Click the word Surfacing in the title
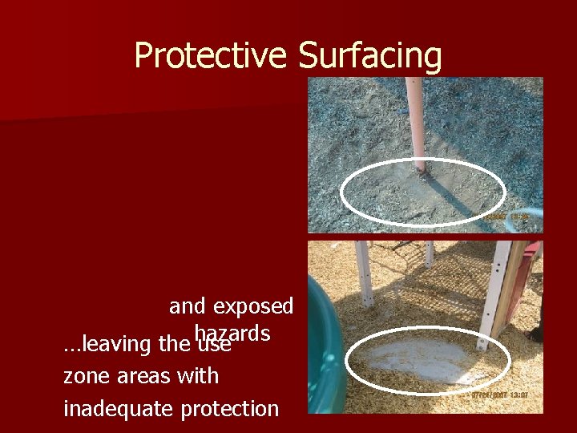pos(369,56)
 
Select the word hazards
pos(232,332)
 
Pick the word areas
pos(143,375)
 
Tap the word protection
pos(229,408)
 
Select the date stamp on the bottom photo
pos(493,395)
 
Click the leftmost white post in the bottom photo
pos(365,273)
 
